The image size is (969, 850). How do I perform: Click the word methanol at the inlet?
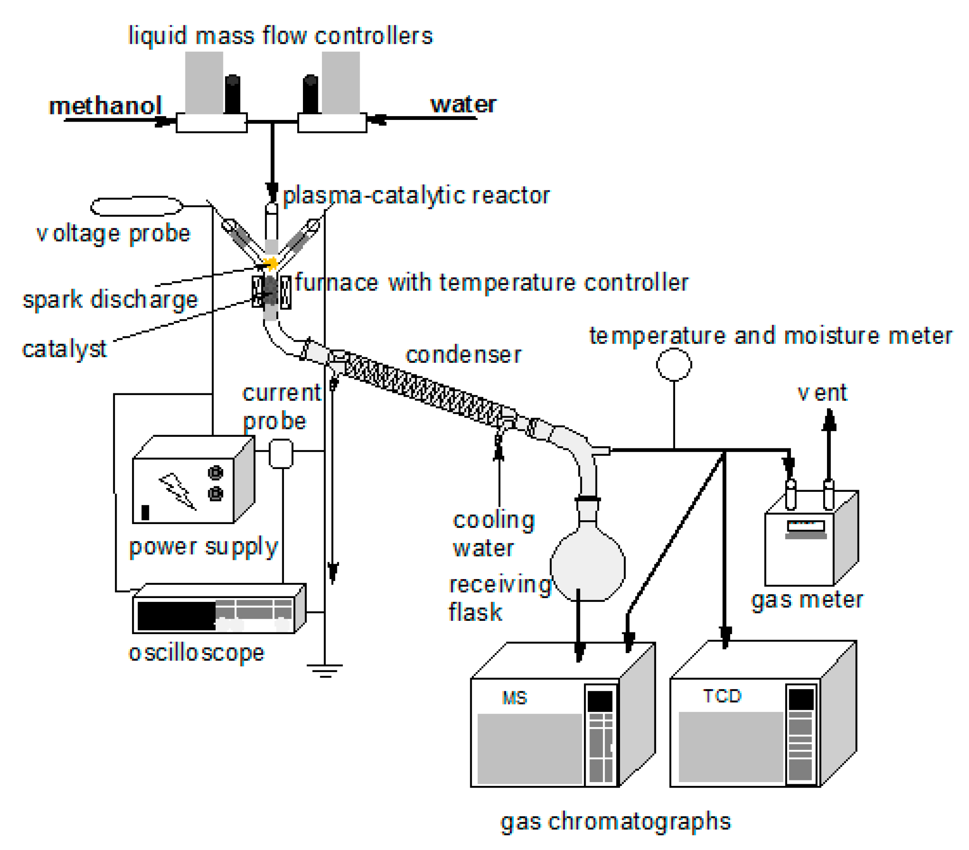pyautogui.click(x=105, y=106)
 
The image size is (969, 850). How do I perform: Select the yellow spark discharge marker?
pyautogui.click(x=272, y=263)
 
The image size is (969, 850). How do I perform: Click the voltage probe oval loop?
pyautogui.click(x=136, y=206)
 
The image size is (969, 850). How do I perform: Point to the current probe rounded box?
pyautogui.click(x=281, y=454)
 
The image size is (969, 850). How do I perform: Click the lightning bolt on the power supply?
pyautogui.click(x=177, y=491)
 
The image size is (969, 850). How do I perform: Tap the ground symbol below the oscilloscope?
pyautogui.click(x=325, y=670)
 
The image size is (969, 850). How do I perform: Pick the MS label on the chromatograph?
pyautogui.click(x=514, y=698)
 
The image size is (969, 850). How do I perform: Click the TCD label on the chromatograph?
pyautogui.click(x=722, y=696)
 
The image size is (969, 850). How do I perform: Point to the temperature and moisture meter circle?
pyautogui.click(x=674, y=364)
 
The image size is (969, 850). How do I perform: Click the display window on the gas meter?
pyautogui.click(x=805, y=526)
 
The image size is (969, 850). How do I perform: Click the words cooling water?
pyautogui.click(x=493, y=534)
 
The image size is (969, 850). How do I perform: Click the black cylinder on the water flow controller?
pyautogui.click(x=311, y=94)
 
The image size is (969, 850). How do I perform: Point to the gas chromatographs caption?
pyautogui.click(x=615, y=821)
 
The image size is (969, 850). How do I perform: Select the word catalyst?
pyautogui.click(x=65, y=349)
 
